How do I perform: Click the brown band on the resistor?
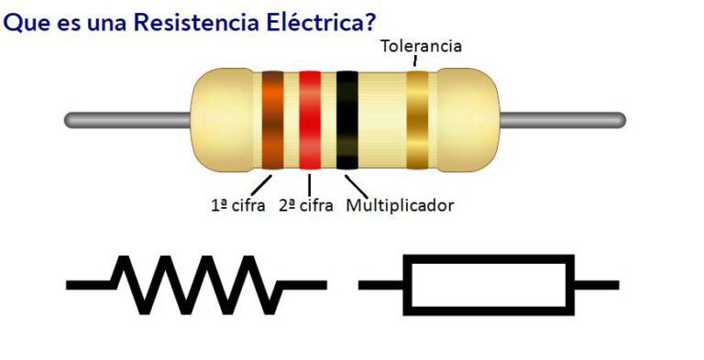[x=273, y=119]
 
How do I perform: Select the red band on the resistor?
[x=310, y=119]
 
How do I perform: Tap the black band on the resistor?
[x=346, y=119]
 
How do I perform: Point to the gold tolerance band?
[x=417, y=119]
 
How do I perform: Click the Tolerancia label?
[x=421, y=46]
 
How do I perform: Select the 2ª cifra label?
[x=305, y=205]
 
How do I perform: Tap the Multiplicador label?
[x=400, y=205]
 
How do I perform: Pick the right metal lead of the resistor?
[x=564, y=120]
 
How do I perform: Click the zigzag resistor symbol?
[x=197, y=284]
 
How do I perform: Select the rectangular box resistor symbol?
[x=489, y=284]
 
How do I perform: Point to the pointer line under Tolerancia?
[x=414, y=61]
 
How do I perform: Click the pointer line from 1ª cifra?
[x=262, y=182]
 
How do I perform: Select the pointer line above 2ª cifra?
[x=309, y=182]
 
